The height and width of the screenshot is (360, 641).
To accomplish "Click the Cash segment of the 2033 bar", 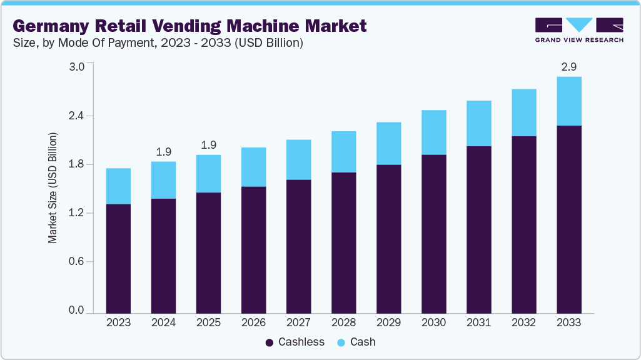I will click(569, 101).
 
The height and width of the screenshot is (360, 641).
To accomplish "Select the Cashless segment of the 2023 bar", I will click(118, 258).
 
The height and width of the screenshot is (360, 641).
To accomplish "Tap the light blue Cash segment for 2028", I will click(343, 152).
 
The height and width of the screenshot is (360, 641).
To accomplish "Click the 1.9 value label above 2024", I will click(163, 152).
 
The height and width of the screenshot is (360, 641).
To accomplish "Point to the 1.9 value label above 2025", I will click(208, 145).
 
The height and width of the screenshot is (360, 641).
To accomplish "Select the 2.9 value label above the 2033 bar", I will click(569, 67).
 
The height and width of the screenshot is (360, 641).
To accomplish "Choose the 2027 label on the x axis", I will click(298, 322).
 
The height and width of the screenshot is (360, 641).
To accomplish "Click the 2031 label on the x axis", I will click(478, 322).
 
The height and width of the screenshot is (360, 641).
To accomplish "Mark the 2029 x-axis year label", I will click(388, 322).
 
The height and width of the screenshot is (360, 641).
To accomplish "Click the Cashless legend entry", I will click(295, 342).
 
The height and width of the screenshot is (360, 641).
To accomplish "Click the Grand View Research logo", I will click(579, 30).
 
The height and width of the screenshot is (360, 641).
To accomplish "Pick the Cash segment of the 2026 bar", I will click(253, 167).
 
